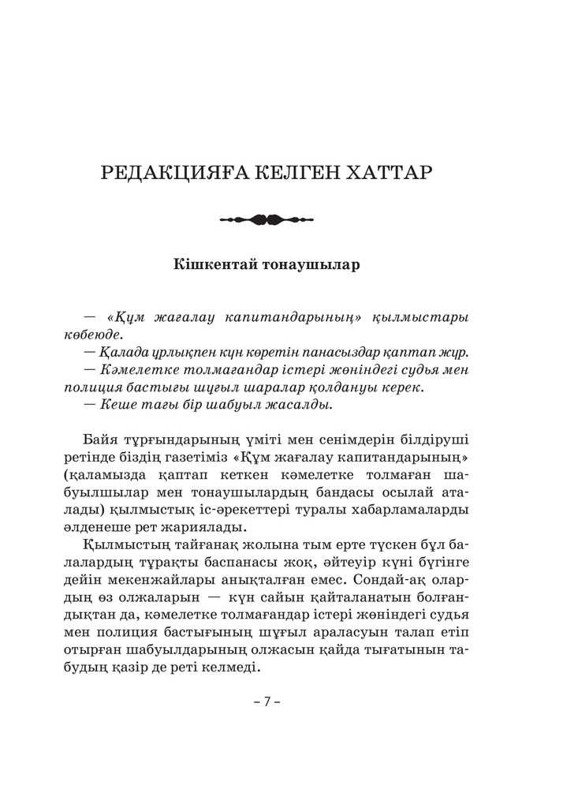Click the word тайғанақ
[194, 546]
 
